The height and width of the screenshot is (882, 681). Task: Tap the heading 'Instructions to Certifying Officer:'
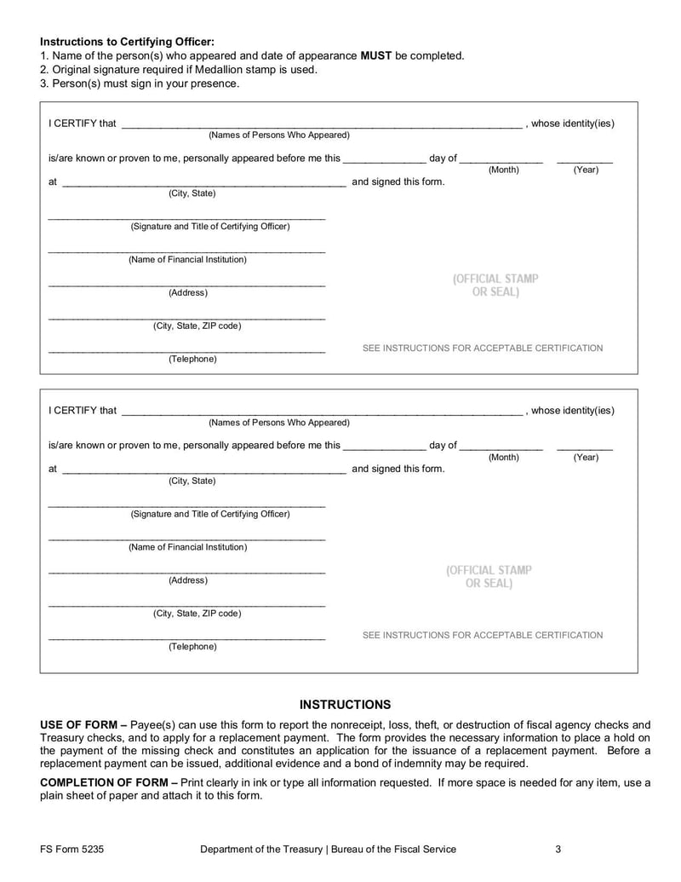(127, 42)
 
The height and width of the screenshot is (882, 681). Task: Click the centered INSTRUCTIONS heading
(345, 705)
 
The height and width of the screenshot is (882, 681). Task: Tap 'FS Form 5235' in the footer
(72, 850)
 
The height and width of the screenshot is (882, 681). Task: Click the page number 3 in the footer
(558, 850)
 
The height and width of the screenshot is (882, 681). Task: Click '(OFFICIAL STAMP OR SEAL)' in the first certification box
(495, 285)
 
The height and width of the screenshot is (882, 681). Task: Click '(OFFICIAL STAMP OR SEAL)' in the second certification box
(489, 577)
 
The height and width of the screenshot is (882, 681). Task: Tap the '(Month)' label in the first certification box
(503, 170)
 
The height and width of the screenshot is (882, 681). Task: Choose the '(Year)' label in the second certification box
(586, 458)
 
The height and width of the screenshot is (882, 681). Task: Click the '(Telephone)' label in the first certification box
(192, 360)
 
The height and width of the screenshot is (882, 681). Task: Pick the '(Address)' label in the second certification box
(187, 580)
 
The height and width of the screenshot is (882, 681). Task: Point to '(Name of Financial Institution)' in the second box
(187, 547)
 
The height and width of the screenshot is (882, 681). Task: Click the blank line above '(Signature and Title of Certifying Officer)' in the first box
(186, 218)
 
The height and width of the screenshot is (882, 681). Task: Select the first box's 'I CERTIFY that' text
(83, 124)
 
